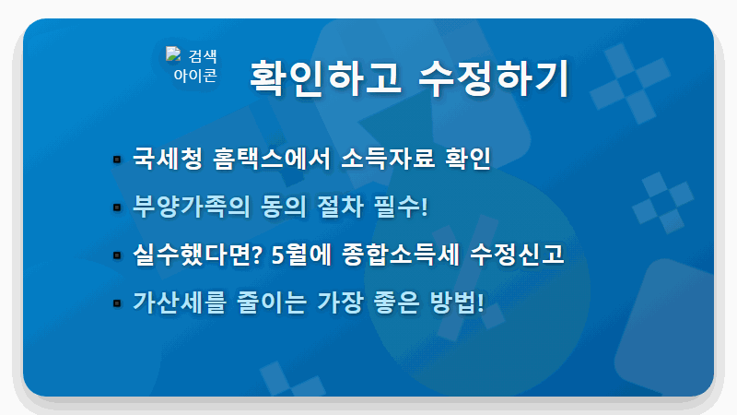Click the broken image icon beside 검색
pyautogui.click(x=173, y=54)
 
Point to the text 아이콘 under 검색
pyautogui.click(x=195, y=75)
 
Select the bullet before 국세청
pyautogui.click(x=117, y=159)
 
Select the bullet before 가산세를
pyautogui.click(x=117, y=302)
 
